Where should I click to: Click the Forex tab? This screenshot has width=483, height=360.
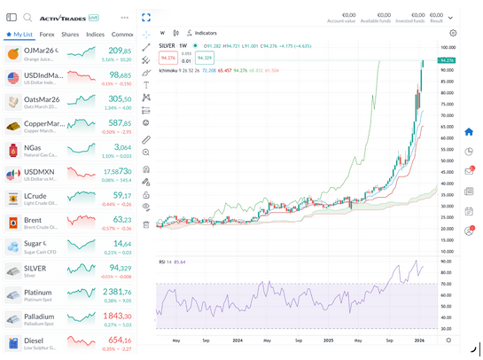point(47,35)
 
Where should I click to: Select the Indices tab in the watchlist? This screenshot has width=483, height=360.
point(95,35)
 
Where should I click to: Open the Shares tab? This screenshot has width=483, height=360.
point(70,35)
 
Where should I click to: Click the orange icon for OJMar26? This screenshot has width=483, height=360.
point(13,55)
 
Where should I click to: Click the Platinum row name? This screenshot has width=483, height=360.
point(38,292)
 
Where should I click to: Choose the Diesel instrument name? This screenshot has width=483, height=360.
point(35,340)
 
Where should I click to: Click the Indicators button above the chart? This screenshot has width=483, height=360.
point(206,32)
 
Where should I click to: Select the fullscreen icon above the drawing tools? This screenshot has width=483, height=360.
point(146,18)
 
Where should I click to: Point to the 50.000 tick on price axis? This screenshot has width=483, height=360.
point(448,145)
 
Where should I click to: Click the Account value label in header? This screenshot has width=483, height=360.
point(341,20)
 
